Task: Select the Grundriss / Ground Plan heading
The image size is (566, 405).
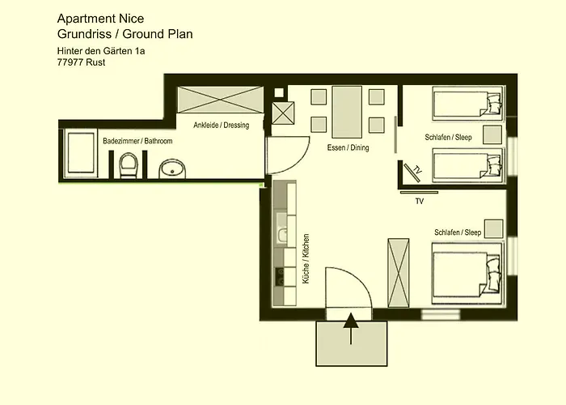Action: [125, 34]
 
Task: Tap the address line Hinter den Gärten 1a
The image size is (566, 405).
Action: [101, 51]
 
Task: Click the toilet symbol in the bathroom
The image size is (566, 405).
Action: [128, 167]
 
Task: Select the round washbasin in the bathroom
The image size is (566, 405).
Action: [171, 168]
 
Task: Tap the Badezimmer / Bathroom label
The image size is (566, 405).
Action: [137, 141]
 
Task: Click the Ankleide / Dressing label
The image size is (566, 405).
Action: [221, 126]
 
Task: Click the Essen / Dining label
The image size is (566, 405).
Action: [348, 148]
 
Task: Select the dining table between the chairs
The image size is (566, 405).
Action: [348, 111]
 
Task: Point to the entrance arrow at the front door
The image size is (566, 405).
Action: [351, 329]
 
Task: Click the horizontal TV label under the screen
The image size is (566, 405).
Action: [419, 200]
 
